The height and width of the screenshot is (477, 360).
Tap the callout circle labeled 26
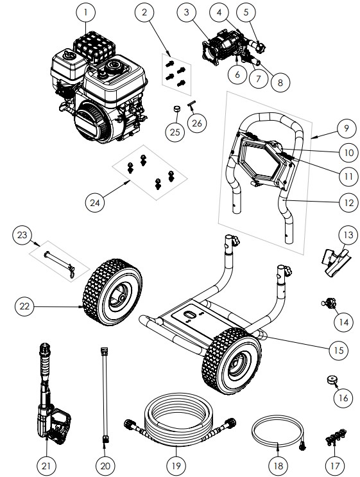pos(199,123)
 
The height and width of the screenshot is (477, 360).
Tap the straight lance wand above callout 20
pos(103,391)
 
